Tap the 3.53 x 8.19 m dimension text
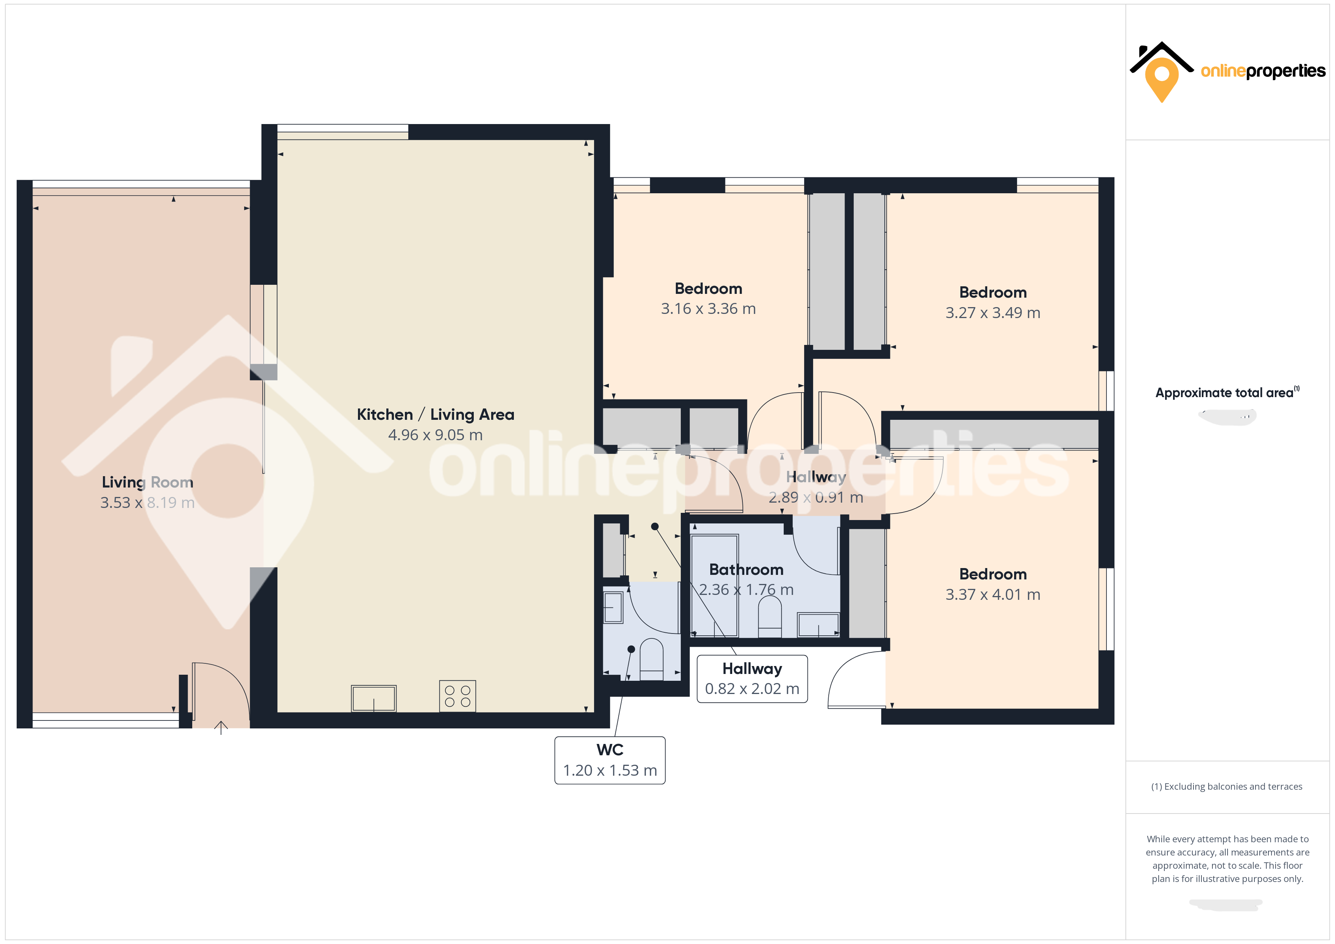tap(147, 503)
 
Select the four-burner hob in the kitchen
tap(457, 696)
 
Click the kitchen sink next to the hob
tap(373, 698)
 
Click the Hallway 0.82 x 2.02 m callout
tap(752, 679)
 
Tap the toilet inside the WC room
tap(651, 660)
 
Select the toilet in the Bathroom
tap(770, 617)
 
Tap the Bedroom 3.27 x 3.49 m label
tap(993, 302)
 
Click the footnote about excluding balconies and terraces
tap(1226, 786)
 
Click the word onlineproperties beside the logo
tap(1263, 71)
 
